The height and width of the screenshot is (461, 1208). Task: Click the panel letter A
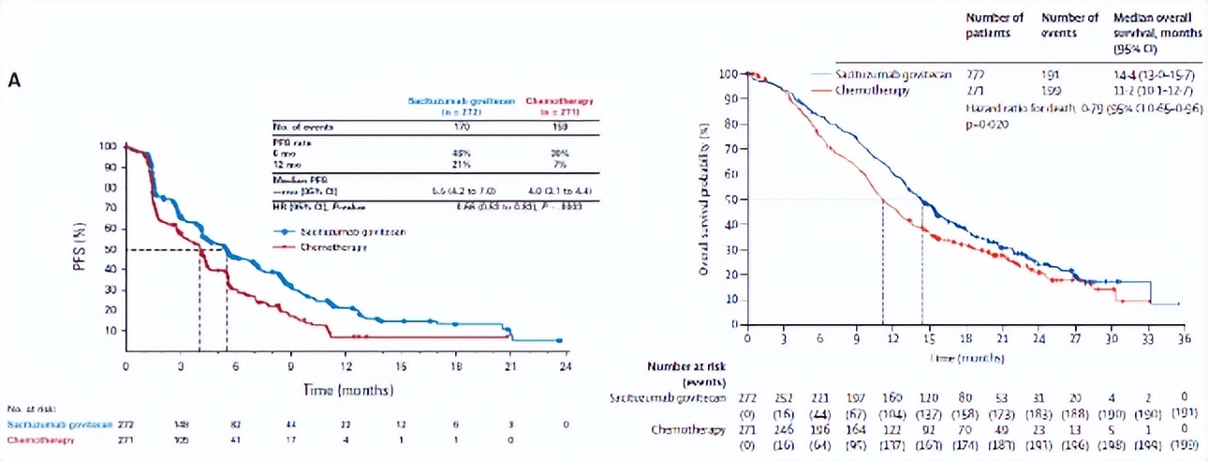[x=14, y=81]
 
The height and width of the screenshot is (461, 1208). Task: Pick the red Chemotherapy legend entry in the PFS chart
[x=332, y=246]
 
